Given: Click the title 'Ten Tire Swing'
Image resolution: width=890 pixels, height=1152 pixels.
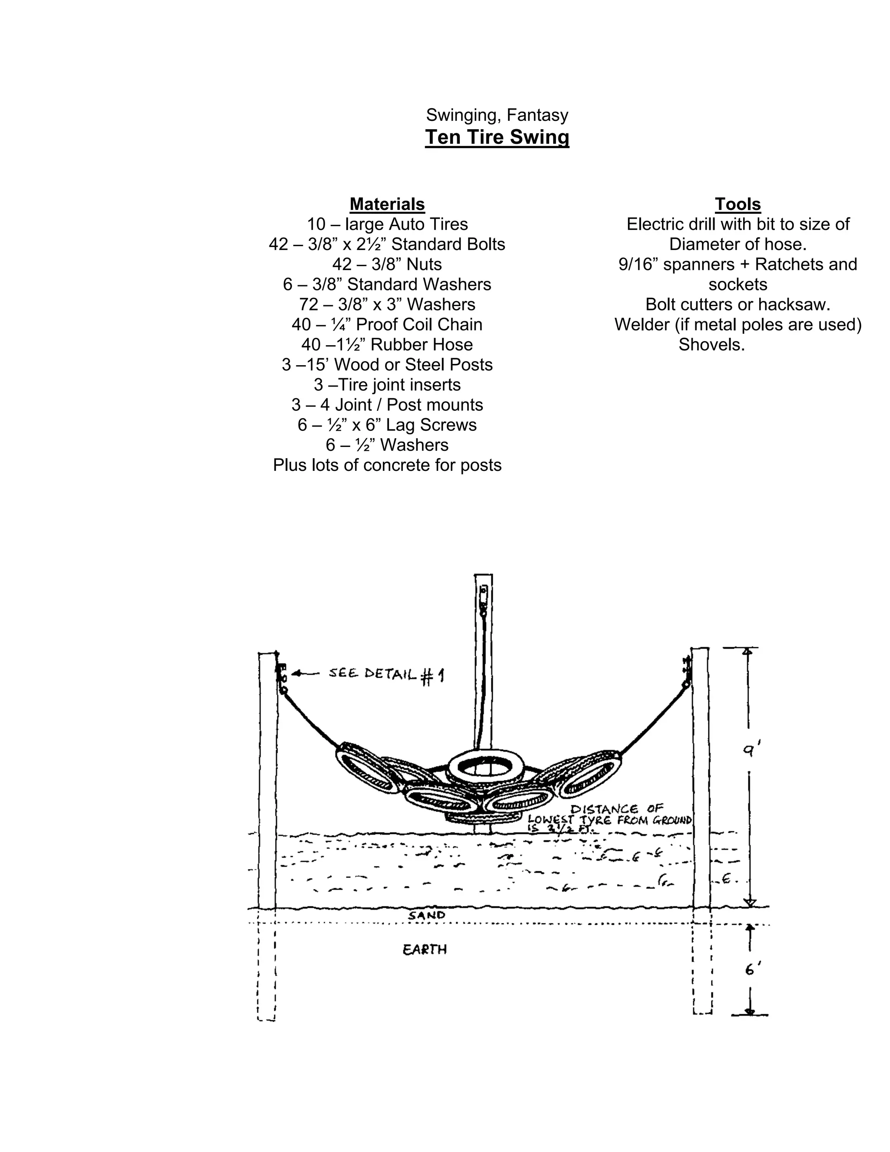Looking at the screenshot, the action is (x=497, y=137).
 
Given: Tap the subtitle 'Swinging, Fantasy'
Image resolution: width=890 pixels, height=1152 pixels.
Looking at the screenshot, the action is (x=497, y=115).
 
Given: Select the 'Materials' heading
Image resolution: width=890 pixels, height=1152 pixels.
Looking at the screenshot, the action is (x=387, y=204).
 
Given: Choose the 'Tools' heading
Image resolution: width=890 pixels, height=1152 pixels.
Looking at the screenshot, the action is (x=737, y=204).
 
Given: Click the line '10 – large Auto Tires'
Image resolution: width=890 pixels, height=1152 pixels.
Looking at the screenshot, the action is (x=387, y=224).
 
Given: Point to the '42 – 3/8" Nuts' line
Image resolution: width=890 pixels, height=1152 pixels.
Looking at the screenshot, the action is (x=387, y=264).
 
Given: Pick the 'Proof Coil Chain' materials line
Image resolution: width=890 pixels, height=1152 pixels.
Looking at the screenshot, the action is (x=387, y=324).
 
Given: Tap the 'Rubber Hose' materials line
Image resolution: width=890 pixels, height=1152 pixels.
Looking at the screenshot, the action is (x=387, y=344).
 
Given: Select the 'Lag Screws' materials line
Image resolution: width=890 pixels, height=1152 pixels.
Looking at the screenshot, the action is (x=387, y=425).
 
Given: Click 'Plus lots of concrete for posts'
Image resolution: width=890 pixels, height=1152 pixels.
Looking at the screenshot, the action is (x=387, y=465).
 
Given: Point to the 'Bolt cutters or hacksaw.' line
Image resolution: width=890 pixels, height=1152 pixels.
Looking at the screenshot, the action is (x=737, y=304).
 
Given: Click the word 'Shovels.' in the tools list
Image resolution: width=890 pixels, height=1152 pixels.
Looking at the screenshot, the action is (x=711, y=344).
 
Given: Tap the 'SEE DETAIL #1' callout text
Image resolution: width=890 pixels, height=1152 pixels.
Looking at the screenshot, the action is (x=386, y=674).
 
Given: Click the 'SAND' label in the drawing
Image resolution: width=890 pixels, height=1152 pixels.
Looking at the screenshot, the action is (x=427, y=915).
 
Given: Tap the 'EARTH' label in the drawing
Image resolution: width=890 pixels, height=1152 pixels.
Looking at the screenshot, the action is (x=425, y=949).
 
